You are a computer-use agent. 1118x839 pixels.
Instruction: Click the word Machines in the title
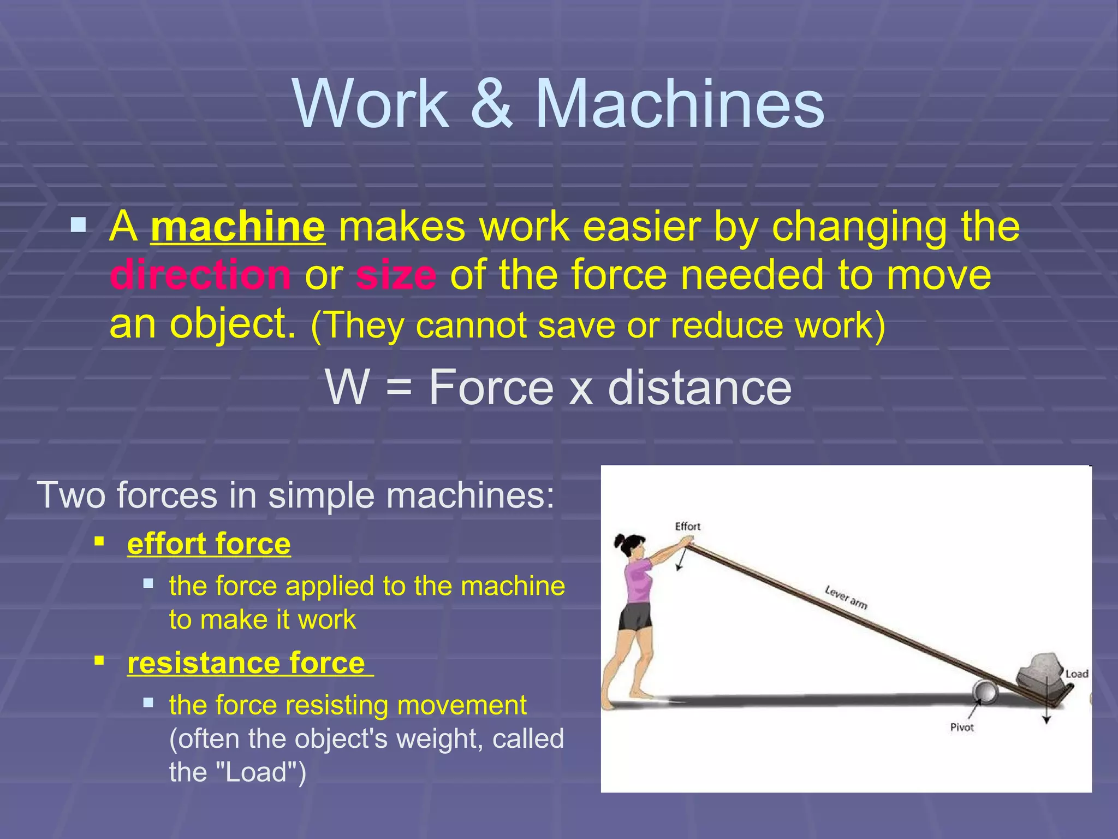tap(680, 104)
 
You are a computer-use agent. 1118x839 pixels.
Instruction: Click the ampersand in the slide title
tap(491, 104)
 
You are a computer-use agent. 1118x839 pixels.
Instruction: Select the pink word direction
tap(200, 275)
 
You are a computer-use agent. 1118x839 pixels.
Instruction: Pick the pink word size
tap(396, 275)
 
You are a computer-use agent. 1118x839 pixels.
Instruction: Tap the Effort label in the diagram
tap(687, 526)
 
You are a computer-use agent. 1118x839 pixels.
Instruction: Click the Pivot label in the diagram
tap(961, 727)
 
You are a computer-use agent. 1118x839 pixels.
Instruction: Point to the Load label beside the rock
tap(1077, 673)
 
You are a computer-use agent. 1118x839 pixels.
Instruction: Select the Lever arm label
tap(846, 597)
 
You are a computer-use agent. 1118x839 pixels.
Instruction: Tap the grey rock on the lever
tap(1040, 669)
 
